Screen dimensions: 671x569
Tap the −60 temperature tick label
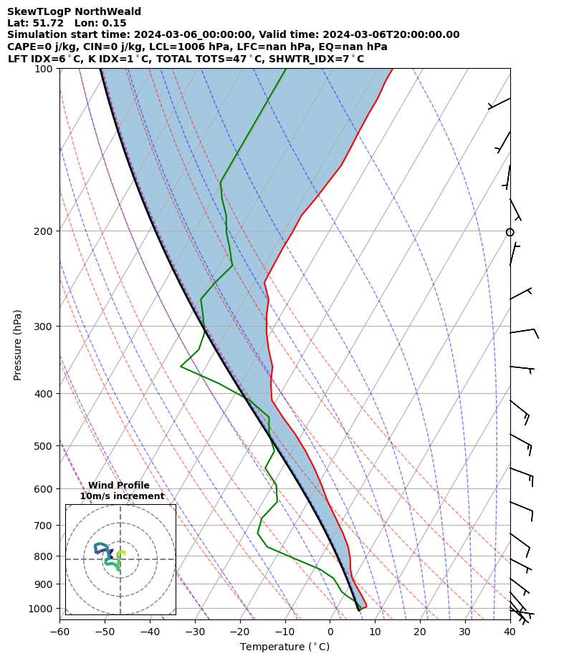59,632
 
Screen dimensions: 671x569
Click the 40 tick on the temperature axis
510,632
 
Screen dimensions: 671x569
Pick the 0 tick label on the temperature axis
330,632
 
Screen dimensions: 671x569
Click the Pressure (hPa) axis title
18,344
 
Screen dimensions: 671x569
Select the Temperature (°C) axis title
284,647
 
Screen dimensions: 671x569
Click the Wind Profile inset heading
119,486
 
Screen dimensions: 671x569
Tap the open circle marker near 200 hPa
510,232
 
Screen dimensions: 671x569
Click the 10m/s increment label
122,496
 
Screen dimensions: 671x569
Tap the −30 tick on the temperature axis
195,632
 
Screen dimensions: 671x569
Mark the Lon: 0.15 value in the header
100,23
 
